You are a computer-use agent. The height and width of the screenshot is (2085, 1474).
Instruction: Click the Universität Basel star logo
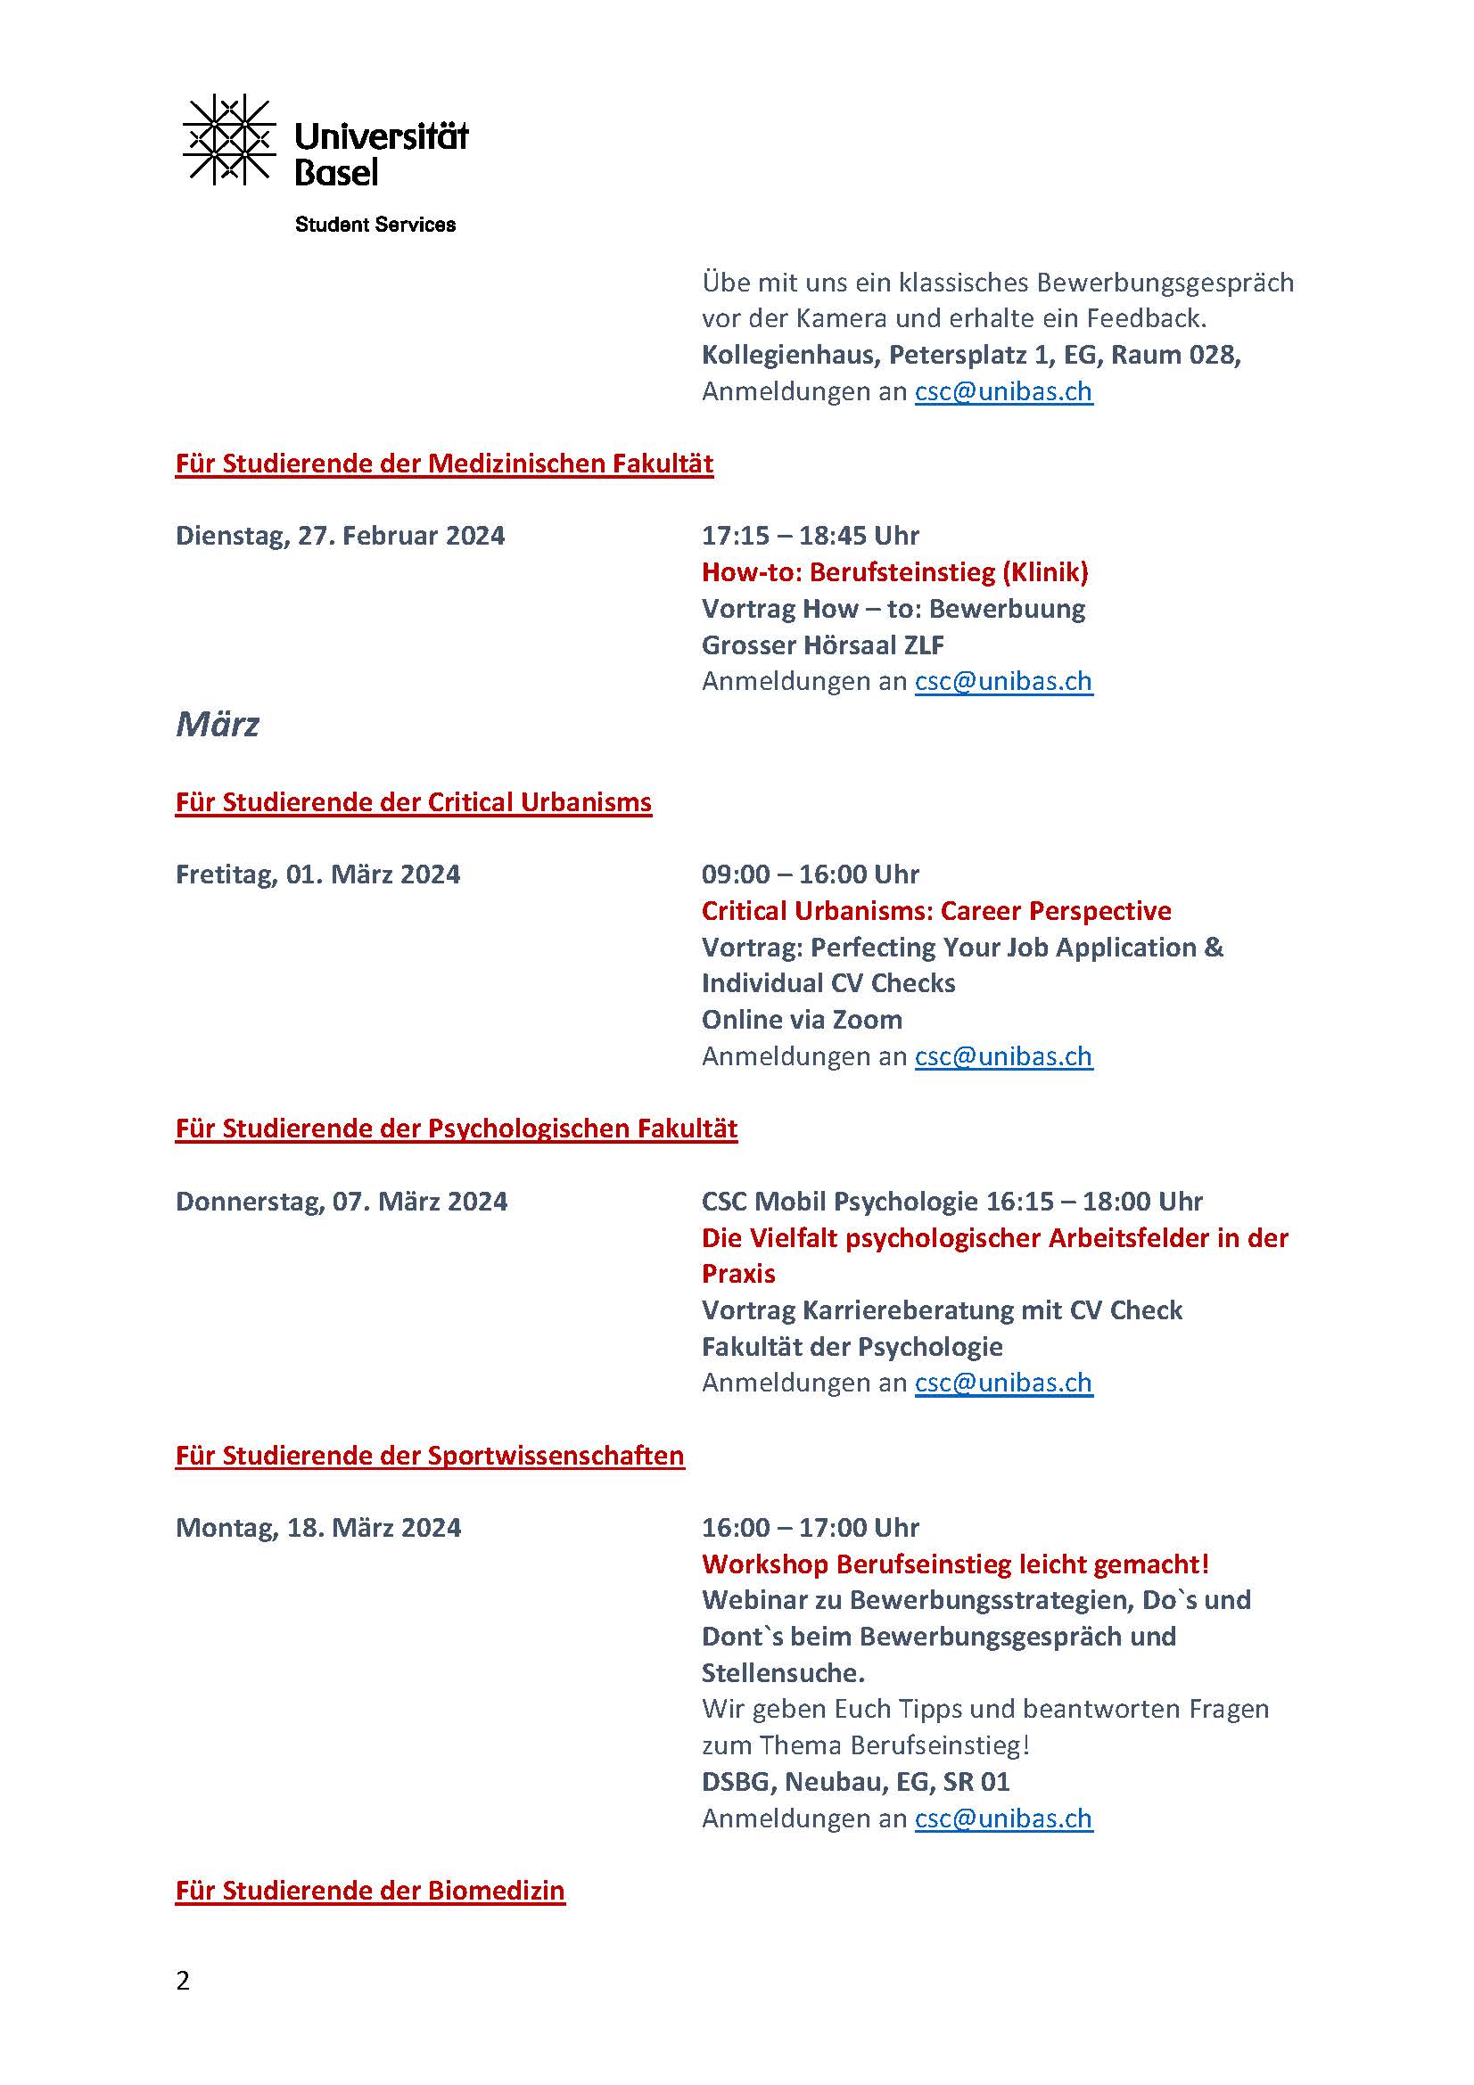tap(229, 140)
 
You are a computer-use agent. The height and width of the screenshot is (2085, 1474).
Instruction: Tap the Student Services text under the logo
tap(375, 225)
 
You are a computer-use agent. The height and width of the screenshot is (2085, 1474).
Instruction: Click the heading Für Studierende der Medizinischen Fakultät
tap(444, 464)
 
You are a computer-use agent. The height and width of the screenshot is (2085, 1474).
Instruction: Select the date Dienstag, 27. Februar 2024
tap(340, 536)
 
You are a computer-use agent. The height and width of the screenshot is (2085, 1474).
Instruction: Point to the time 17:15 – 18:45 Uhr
tap(810, 536)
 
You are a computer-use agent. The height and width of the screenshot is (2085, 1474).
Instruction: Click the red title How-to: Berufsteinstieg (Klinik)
tap(894, 572)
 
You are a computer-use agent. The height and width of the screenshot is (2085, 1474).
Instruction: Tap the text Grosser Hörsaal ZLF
tap(823, 644)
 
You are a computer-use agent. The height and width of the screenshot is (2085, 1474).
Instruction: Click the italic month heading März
tap(217, 724)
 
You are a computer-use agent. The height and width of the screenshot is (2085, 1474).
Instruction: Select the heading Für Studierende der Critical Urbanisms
tap(413, 802)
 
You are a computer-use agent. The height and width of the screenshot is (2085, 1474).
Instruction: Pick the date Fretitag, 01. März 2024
tap(317, 874)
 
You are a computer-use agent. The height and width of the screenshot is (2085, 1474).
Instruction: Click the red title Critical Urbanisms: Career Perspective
tap(936, 911)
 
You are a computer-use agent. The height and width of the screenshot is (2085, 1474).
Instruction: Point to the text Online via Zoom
tap(802, 1020)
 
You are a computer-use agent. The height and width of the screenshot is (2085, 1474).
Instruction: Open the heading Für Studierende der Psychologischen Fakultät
tap(456, 1128)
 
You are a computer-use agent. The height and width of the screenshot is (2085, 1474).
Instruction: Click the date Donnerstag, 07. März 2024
tap(342, 1202)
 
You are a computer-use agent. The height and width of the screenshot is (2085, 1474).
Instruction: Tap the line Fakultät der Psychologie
tap(852, 1346)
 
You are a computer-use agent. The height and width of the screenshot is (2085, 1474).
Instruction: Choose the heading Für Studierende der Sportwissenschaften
tap(430, 1455)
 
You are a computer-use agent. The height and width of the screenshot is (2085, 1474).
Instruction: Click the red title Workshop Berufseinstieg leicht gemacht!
tap(955, 1564)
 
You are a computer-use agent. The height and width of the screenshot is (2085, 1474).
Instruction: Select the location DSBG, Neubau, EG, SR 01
tap(855, 1782)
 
